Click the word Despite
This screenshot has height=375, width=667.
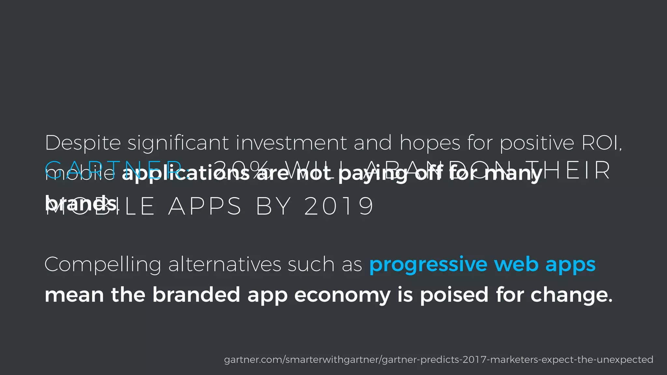pyautogui.click(x=83, y=143)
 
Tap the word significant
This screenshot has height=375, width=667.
pyautogui.click(x=178, y=143)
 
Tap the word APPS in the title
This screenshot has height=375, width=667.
pyautogui.click(x=205, y=206)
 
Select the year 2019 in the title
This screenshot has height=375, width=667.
pyautogui.click(x=339, y=206)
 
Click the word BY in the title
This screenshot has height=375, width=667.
pyautogui.click(x=273, y=206)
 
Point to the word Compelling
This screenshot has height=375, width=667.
pyautogui.click(x=103, y=265)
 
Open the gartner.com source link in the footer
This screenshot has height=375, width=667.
pyautogui.click(x=438, y=360)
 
